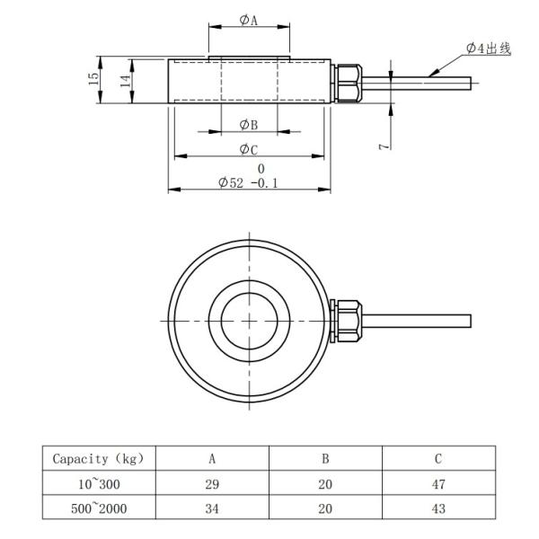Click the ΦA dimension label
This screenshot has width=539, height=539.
249,20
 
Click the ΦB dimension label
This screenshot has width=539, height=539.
249,125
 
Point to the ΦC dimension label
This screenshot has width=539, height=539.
249,149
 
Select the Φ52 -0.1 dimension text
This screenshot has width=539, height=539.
249,182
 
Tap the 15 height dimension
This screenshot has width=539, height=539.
93,80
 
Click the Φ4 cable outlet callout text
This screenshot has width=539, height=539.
489,48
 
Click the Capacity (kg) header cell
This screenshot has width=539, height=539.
98,459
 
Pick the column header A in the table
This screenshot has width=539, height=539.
212,459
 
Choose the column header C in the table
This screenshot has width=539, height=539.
437,459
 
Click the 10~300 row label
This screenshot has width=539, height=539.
98,484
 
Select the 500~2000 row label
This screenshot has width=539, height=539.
98,508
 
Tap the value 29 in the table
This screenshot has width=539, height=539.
212,484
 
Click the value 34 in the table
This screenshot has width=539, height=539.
212,508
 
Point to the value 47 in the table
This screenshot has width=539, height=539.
437,484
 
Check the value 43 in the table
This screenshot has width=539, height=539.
437,508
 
